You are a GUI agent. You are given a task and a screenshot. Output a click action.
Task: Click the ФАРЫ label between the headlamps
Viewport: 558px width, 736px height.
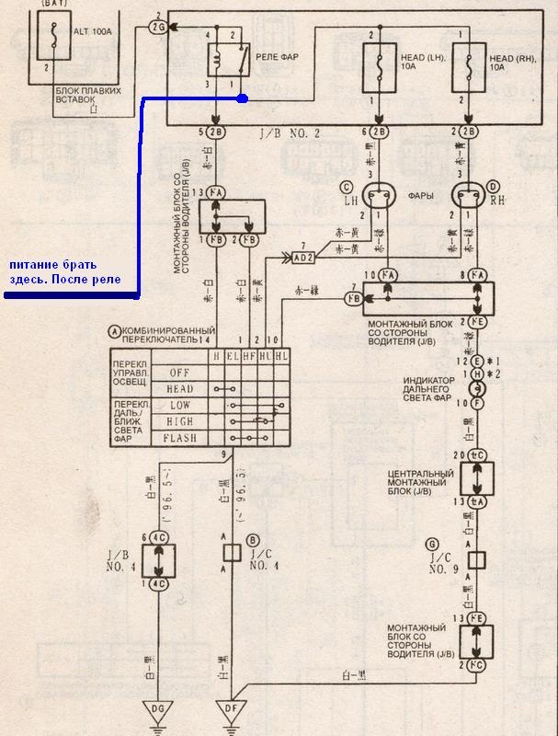[423, 195]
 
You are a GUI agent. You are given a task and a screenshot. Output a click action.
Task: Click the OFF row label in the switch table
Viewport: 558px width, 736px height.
[180, 372]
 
